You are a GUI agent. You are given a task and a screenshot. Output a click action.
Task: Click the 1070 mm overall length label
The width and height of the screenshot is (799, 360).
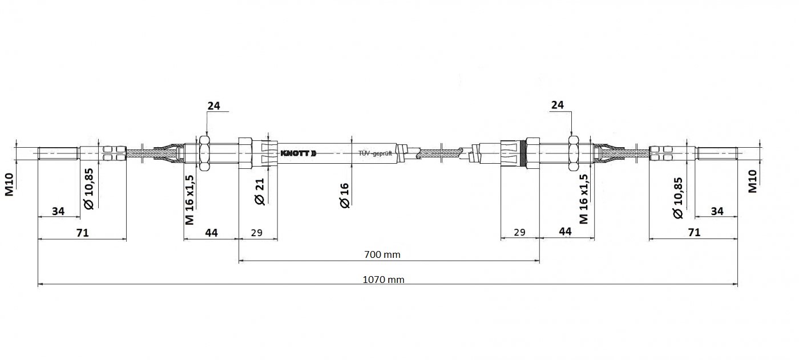pyautogui.click(x=384, y=280)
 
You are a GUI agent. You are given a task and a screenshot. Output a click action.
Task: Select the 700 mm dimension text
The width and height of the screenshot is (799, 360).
pyautogui.click(x=382, y=254)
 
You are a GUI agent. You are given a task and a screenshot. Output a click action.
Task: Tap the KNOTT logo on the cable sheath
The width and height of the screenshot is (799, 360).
pyautogui.click(x=298, y=153)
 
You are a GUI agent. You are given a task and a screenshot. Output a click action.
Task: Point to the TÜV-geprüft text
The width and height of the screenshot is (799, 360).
pyautogui.click(x=375, y=153)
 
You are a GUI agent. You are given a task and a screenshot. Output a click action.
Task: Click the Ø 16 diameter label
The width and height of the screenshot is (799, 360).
pyautogui.click(x=344, y=195)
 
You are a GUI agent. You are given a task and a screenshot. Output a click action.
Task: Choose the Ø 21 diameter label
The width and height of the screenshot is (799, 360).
pyautogui.click(x=260, y=191)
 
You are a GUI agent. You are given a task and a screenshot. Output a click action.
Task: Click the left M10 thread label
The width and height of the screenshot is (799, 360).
pyautogui.click(x=9, y=185)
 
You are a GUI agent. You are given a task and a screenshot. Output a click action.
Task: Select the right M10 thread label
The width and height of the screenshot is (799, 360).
pyautogui.click(x=752, y=181)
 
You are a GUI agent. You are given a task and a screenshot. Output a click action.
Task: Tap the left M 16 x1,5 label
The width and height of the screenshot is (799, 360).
pyautogui.click(x=189, y=200)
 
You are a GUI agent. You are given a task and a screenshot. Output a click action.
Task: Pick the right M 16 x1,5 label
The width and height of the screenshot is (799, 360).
pyautogui.click(x=583, y=199)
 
